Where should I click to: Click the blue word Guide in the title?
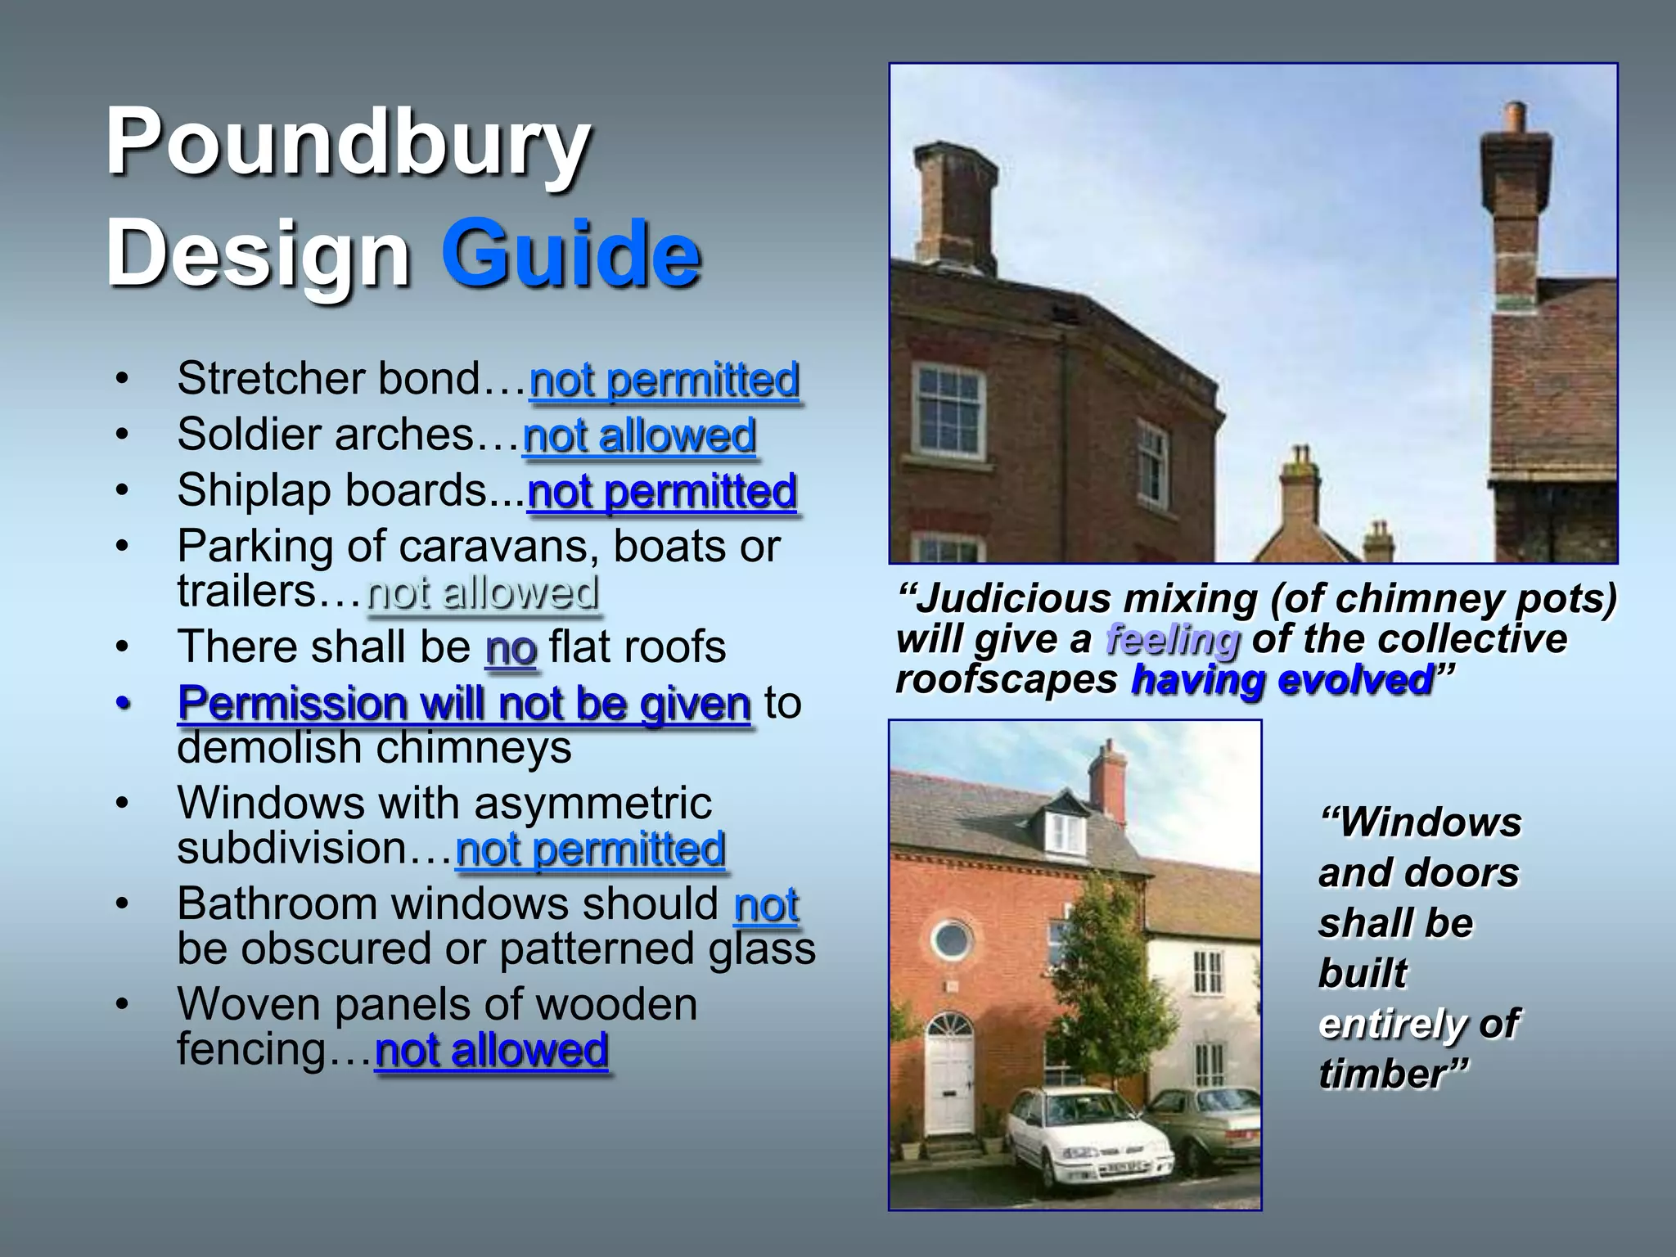[x=570, y=254]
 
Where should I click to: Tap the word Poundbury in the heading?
[x=348, y=143]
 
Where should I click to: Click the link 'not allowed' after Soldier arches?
[x=639, y=436]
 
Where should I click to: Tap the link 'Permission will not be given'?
[x=464, y=704]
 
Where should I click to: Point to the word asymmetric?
[x=592, y=803]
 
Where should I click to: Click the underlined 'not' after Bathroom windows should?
[x=766, y=906]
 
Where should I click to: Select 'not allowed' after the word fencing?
[x=491, y=1051]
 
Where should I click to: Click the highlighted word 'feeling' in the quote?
[x=1172, y=640]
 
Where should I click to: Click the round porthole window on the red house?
[x=951, y=939]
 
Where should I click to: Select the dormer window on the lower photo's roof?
[x=1066, y=831]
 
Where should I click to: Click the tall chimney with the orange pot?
[x=1516, y=213]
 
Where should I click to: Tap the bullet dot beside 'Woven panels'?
[x=122, y=1005]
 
